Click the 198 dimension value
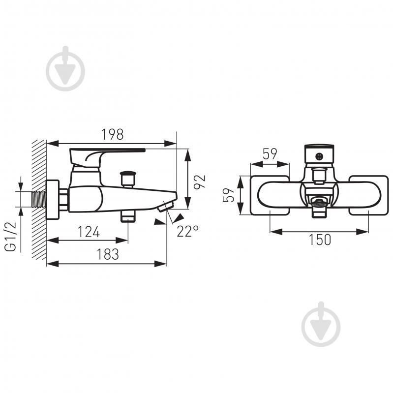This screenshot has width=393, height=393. (x=112, y=134)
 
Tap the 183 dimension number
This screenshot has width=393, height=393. (x=108, y=254)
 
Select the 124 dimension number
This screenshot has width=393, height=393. (x=89, y=232)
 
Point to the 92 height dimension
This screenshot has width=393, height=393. (x=200, y=181)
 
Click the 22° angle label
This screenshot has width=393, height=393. (x=187, y=231)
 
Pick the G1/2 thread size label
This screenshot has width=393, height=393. (x=10, y=237)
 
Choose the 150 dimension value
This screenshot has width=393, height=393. (x=320, y=240)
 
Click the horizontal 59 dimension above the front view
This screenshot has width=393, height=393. (x=270, y=153)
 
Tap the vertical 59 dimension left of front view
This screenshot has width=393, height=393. (x=228, y=195)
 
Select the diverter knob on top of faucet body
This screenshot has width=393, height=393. (x=128, y=178)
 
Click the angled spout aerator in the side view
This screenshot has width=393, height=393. (x=166, y=206)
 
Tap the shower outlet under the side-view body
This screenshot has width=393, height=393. (x=128, y=216)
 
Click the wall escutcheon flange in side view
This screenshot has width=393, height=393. (x=53, y=200)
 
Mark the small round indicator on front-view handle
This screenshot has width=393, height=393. (x=319, y=157)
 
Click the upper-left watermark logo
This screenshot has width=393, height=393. (x=65, y=69)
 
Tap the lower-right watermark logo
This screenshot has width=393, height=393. (x=321, y=324)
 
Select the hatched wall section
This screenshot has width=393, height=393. (x=39, y=200)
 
